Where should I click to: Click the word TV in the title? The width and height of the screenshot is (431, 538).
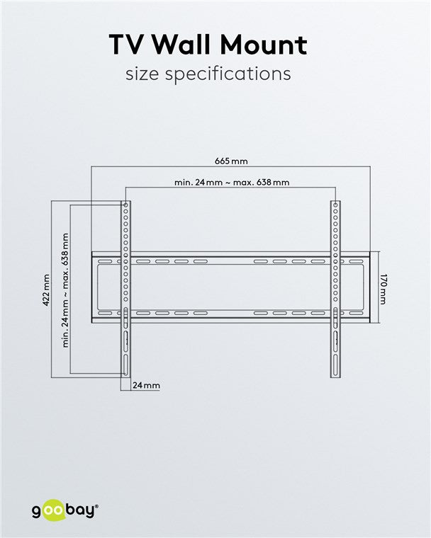tap(128, 45)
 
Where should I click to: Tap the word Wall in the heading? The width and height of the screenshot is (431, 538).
tap(189, 45)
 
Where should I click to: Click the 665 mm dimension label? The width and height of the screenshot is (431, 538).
tap(231, 161)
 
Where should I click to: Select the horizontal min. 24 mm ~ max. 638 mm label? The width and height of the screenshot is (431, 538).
tap(231, 182)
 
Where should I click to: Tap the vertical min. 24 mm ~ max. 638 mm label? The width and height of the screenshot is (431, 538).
tap(65, 290)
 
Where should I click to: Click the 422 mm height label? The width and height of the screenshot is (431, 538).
tap(46, 290)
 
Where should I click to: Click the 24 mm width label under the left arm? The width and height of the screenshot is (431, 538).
tap(146, 385)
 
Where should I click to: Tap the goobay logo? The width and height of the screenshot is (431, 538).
tap(64, 510)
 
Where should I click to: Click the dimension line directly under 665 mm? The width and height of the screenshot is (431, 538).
tap(231, 167)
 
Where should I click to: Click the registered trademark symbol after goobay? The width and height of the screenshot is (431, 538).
tap(97, 505)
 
